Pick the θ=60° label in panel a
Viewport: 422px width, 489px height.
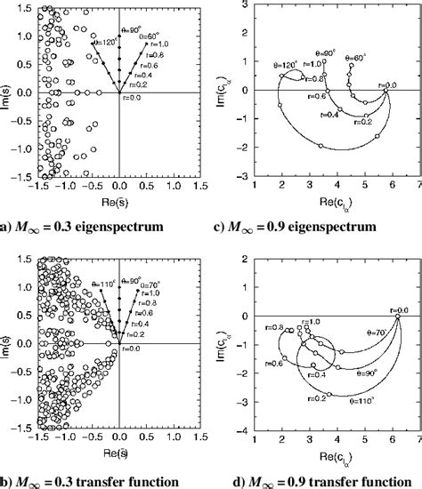[x=147, y=41]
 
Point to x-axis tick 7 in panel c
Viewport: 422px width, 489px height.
[x=418, y=188]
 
